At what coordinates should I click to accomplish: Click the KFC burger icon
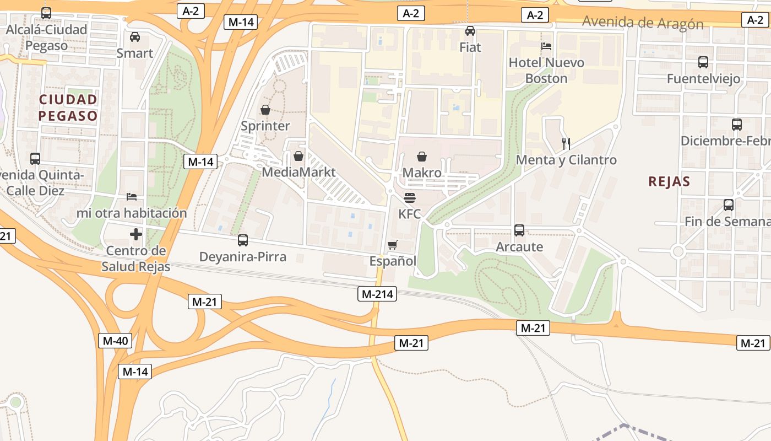(x=409, y=197)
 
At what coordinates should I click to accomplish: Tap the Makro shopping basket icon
(x=422, y=157)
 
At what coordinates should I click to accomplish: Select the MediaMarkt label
(x=298, y=172)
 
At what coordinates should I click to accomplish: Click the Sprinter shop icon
(x=265, y=110)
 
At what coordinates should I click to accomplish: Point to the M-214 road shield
(x=377, y=294)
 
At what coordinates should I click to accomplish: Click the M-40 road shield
(x=115, y=341)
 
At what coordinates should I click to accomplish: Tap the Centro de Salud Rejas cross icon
(x=135, y=234)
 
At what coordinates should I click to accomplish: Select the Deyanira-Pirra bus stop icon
(x=242, y=240)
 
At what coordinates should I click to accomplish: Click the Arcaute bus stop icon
(x=519, y=230)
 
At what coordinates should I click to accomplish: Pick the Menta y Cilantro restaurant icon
(x=566, y=143)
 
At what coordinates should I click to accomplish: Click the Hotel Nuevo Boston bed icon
(x=546, y=46)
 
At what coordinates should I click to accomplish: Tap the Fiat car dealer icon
(x=470, y=31)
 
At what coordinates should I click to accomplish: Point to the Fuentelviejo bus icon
(x=703, y=62)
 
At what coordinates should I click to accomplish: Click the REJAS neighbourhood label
(x=669, y=181)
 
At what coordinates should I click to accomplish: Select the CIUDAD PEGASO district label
(x=68, y=107)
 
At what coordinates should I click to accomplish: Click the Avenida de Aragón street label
(x=643, y=23)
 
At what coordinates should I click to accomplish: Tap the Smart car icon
(x=134, y=37)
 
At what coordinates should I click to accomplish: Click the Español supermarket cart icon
(x=392, y=245)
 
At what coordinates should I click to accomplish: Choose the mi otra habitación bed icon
(x=131, y=196)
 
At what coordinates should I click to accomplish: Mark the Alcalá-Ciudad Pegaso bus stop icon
(x=46, y=13)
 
